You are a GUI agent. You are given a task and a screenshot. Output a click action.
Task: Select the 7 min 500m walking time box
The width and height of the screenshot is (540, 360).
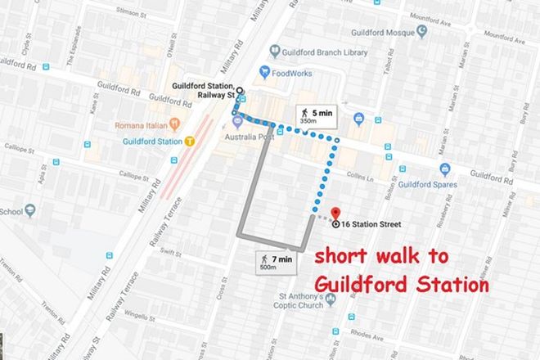(x=276, y=261)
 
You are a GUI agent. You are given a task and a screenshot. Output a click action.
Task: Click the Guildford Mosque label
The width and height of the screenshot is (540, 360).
(x=383, y=33)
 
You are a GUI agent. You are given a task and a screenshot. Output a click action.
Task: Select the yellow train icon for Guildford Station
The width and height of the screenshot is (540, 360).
(x=189, y=141)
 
